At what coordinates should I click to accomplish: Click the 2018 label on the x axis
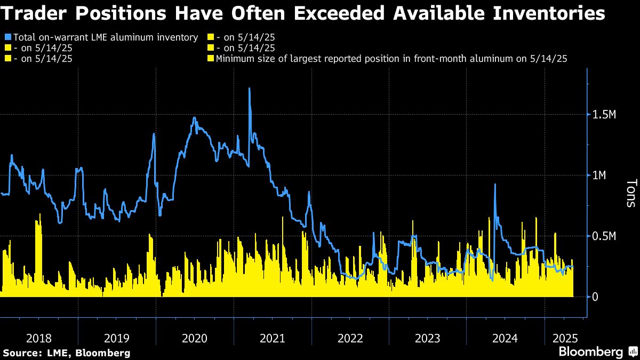(x=38, y=338)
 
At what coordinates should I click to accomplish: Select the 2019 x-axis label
(x=116, y=338)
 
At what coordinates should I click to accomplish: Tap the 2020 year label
(x=194, y=338)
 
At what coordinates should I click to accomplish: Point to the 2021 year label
(x=272, y=338)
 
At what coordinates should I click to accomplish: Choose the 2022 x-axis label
(x=350, y=338)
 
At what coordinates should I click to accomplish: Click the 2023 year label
(x=427, y=338)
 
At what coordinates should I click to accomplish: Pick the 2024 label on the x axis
(x=505, y=338)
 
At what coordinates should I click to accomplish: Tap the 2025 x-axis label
(x=564, y=338)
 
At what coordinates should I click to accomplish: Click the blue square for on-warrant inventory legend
(x=7, y=37)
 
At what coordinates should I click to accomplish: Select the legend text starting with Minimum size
(x=391, y=59)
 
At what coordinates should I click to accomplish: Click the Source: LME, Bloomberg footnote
(x=67, y=353)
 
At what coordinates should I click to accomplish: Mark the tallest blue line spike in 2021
(x=250, y=89)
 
